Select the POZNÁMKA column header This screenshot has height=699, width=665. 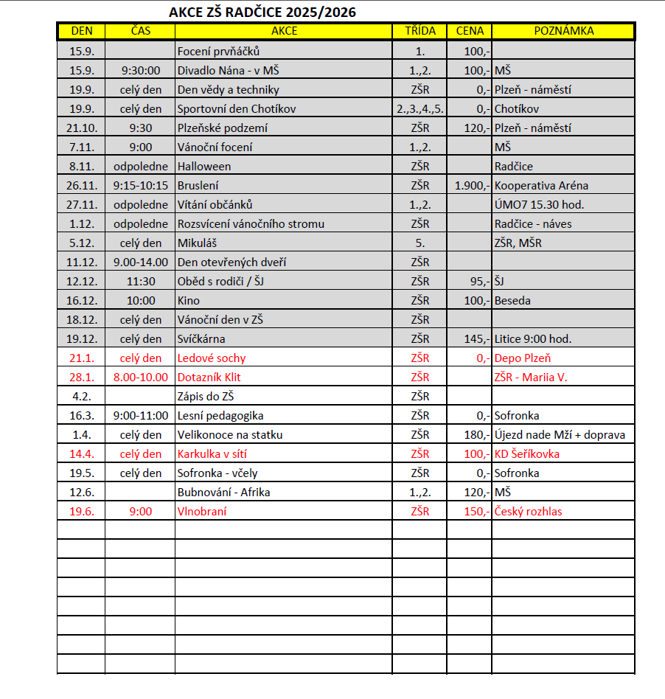tap(563, 31)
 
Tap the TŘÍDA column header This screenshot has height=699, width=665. tap(419, 31)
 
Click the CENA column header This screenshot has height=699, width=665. tap(470, 31)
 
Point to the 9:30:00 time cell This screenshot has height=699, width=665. tap(140, 71)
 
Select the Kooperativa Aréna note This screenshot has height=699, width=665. tap(541, 186)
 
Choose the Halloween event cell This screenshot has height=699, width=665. tap(204, 167)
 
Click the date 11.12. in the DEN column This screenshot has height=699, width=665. tap(81, 262)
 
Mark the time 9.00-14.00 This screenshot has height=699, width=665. tap(140, 262)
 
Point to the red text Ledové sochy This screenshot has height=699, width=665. tap(212, 358)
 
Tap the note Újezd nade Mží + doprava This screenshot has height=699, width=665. tap(560, 435)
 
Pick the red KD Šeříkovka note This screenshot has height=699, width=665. tap(526, 454)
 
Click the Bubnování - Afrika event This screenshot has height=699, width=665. tap(223, 493)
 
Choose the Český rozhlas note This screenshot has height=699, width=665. tap(529, 512)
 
